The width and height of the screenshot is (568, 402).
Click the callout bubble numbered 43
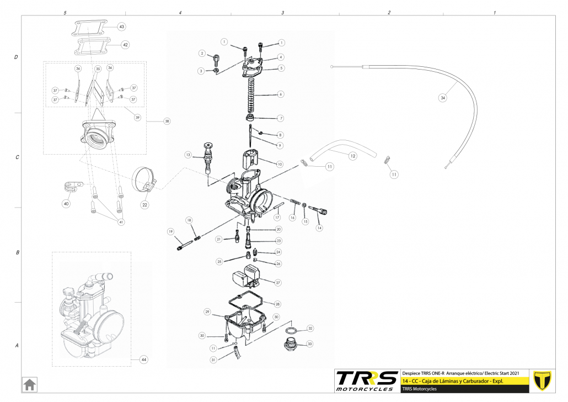121,27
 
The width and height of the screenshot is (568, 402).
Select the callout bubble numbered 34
442,98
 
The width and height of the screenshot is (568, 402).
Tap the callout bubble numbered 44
144,360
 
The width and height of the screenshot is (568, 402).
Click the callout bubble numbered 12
353,156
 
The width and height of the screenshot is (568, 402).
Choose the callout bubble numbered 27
278,282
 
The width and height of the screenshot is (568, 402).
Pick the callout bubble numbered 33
310,343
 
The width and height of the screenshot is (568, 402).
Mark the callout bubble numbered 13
188,155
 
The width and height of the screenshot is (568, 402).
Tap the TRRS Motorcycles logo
367,380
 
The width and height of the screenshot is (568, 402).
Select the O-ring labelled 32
291,330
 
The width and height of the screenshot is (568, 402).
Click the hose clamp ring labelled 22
144,177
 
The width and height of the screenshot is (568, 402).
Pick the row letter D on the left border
17,57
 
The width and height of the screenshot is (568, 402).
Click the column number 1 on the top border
495,12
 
